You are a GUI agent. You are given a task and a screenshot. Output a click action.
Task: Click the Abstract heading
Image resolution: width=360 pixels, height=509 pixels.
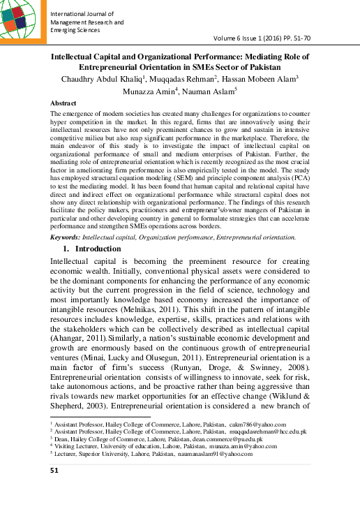64,103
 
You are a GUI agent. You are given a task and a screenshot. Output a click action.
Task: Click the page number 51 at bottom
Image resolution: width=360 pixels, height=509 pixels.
54,470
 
